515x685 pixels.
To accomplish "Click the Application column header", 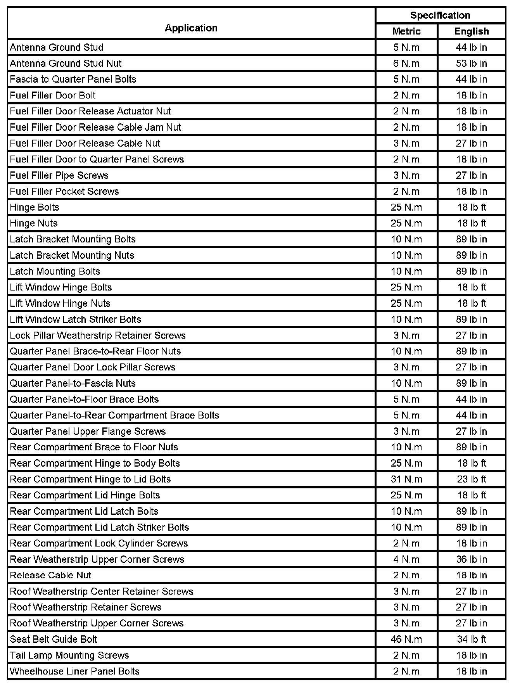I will tap(191, 28).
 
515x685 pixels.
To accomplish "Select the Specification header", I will tap(440, 16).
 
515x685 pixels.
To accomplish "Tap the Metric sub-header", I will tap(406, 31).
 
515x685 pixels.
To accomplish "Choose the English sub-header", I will tap(471, 31).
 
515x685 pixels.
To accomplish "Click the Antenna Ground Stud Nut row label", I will tap(66, 63).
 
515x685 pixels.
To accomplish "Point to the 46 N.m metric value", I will tap(406, 639).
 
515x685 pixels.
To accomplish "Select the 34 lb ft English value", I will tap(471, 639).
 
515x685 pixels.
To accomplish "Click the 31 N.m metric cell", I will tap(406, 479).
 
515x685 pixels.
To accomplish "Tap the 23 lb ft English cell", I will tap(471, 479).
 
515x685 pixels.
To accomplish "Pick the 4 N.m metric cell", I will tap(406, 559).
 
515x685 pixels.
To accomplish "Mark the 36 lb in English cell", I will tap(471, 559).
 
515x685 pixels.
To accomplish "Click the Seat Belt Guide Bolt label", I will tap(54, 639).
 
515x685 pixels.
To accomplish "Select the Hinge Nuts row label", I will tap(34, 223).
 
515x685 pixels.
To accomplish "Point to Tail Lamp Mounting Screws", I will tap(69, 655).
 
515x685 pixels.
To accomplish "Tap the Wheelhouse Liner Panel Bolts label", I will tap(74, 671).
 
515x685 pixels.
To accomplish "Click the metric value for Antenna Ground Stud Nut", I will tap(406, 63).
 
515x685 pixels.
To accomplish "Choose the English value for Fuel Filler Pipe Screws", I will tap(471, 175).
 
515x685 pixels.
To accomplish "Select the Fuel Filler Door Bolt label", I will tap(53, 95).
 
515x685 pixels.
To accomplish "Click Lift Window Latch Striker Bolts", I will tap(76, 319).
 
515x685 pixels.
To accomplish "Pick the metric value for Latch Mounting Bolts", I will tap(406, 271).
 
